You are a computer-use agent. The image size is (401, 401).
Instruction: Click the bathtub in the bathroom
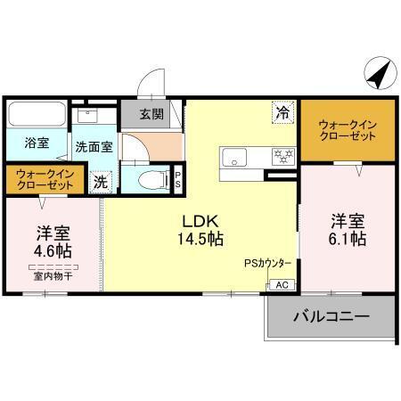coord(36,115)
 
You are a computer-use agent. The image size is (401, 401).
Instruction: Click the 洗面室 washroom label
coord(93,147)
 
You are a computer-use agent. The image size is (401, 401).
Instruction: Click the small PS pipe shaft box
coord(178,177)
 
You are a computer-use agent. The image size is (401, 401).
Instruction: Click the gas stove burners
coord(282,156)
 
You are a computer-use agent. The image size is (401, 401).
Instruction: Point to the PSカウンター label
coord(267,264)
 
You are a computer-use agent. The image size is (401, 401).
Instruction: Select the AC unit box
coord(281,285)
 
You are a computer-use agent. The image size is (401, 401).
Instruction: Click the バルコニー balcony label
coord(330,316)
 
